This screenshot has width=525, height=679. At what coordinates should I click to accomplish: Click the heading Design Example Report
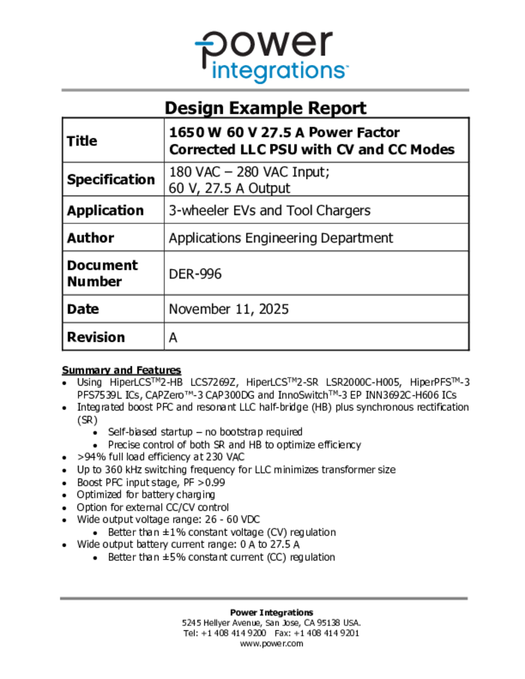tap(265, 107)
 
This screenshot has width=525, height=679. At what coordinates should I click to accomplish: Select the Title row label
tap(82, 141)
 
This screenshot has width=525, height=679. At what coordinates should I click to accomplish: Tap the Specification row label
tap(110, 179)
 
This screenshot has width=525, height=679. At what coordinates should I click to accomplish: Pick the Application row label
tap(105, 210)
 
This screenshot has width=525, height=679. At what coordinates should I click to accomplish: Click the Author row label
tap(90, 237)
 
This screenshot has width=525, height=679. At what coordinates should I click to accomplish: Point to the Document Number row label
tap(102, 273)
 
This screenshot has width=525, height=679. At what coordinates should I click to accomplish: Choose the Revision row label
tap(96, 337)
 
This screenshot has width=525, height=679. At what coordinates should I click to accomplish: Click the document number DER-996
tap(195, 273)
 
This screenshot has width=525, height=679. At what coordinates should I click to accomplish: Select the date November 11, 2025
tap(228, 309)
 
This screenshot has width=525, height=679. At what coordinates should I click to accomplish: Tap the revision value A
tap(173, 337)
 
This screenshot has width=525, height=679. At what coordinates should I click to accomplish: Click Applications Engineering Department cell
tap(281, 237)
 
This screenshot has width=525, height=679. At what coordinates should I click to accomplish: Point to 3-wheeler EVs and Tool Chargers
tap(269, 210)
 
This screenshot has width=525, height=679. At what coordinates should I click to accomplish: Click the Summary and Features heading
tap(121, 370)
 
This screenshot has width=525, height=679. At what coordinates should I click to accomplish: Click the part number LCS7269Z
tap(215, 382)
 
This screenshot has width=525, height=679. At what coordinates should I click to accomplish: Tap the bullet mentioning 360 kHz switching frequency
tap(236, 469)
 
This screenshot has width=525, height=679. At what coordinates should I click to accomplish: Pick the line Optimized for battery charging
tap(145, 494)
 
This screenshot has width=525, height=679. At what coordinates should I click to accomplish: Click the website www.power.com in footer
tap(271, 643)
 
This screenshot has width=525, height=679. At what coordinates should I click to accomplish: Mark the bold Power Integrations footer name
tap(271, 612)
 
